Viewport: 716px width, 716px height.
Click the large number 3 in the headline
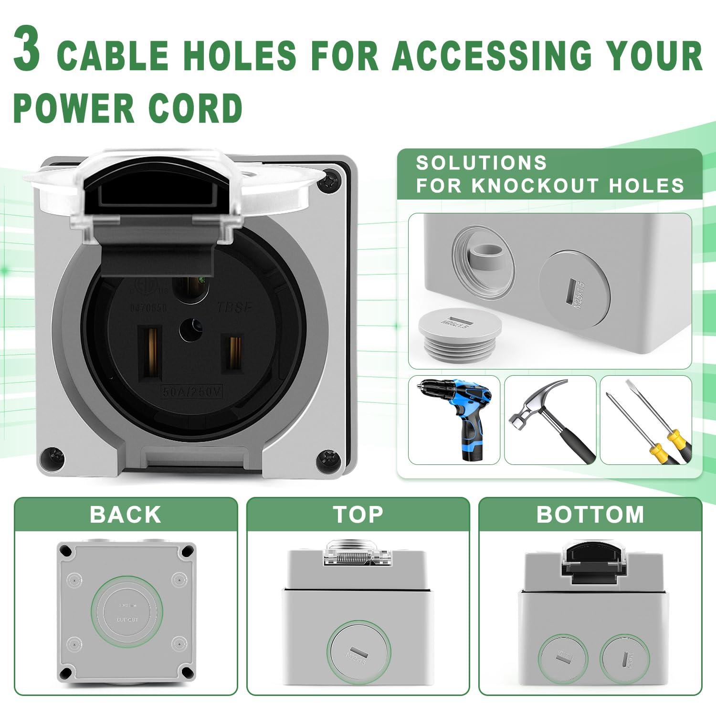point(27,51)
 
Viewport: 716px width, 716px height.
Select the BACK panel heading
point(126,515)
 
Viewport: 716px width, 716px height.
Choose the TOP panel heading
point(358,515)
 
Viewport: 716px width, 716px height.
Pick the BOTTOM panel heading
point(590,515)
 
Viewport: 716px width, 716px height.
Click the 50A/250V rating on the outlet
point(192,392)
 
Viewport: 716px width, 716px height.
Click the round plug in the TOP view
point(358,653)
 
